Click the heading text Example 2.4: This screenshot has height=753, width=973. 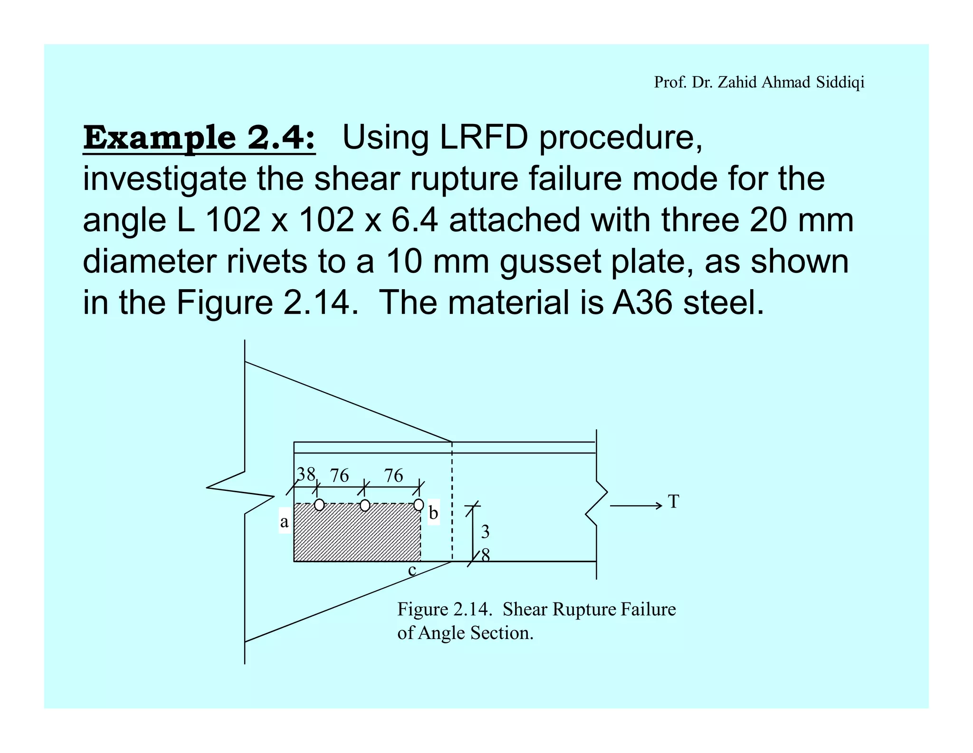click(199, 138)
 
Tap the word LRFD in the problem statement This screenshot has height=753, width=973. click(484, 138)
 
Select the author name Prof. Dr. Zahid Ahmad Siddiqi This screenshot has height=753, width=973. click(759, 82)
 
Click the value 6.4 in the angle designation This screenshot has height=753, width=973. click(414, 220)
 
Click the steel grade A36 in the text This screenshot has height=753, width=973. click(642, 303)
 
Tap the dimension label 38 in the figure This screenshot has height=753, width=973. click(306, 474)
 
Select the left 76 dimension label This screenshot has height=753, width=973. click(339, 475)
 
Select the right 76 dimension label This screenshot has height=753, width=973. click(393, 475)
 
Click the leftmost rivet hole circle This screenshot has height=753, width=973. click(319, 505)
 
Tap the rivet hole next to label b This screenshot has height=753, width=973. click(419, 504)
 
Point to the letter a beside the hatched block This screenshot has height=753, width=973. click(284, 522)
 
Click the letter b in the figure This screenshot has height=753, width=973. click(433, 513)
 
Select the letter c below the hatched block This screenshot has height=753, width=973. click(412, 570)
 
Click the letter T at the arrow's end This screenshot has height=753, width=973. click(674, 501)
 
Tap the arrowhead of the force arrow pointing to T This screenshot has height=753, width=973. click(659, 506)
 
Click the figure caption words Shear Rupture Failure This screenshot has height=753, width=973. click(589, 609)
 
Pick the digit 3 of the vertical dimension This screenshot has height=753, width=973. click(485, 532)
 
